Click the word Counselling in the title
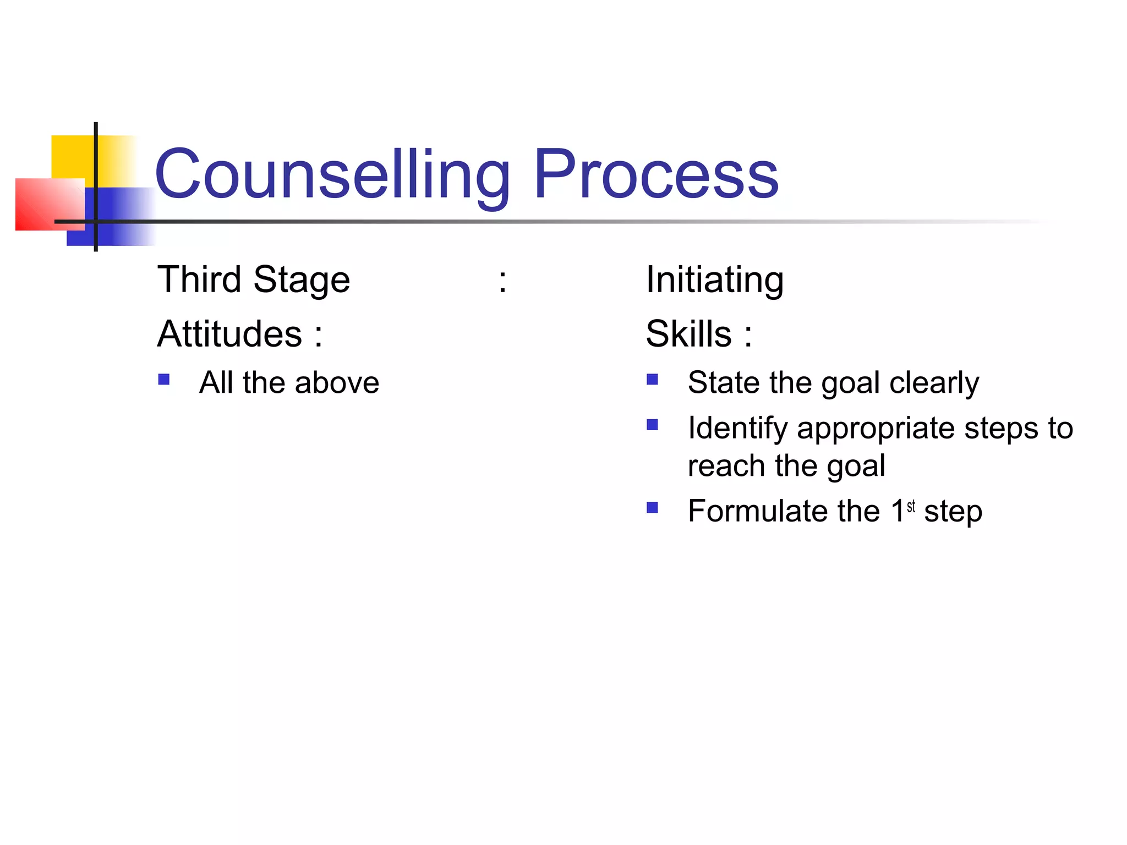(x=332, y=175)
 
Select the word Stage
(x=302, y=281)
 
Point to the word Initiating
(x=714, y=281)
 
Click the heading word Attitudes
(x=230, y=334)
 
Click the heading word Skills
(x=688, y=334)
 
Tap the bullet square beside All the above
(x=163, y=380)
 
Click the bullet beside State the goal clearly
(x=652, y=380)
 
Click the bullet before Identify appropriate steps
(x=652, y=425)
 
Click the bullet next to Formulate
(x=652, y=507)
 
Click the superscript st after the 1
(x=911, y=506)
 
